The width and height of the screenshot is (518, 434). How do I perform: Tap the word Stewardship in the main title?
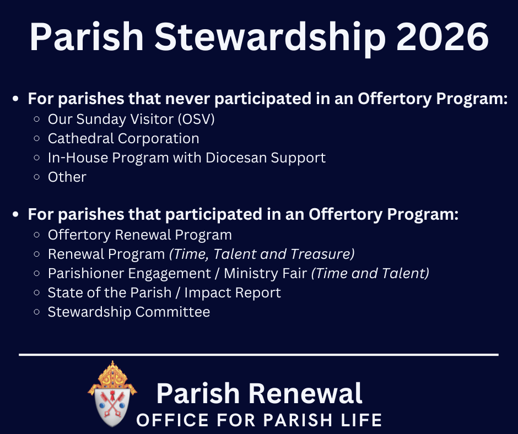coord(270,39)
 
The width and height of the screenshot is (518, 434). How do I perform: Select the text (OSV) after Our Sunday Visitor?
coord(196,119)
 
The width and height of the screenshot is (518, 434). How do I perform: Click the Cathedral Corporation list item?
coord(123,138)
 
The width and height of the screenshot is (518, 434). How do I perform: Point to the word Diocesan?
coord(236,158)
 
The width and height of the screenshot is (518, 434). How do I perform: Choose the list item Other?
coord(67,177)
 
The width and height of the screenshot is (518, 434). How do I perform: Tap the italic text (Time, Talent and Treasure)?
coord(262,254)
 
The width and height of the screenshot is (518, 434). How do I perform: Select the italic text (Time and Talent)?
coord(370,273)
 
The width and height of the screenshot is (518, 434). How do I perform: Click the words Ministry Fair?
coord(265,274)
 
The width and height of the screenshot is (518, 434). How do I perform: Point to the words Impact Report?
coord(233,292)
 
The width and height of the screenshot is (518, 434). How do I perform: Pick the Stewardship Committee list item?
coord(129,312)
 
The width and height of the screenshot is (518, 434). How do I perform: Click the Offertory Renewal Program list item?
coord(140,235)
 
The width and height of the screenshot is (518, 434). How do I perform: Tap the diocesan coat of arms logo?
coord(112,394)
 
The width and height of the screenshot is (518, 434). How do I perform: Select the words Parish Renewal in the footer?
coord(260,393)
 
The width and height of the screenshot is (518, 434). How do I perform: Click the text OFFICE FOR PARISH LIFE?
coord(259,420)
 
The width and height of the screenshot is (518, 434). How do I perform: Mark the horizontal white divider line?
coord(258,355)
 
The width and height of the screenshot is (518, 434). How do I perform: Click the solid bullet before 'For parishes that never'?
coord(15,99)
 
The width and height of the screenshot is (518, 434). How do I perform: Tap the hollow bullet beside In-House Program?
coord(37,158)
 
